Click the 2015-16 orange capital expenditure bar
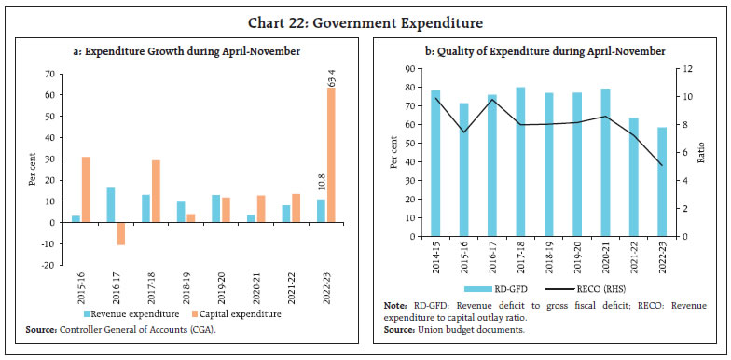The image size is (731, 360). click(86, 189)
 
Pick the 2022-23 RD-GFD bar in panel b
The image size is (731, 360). click(661, 182)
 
